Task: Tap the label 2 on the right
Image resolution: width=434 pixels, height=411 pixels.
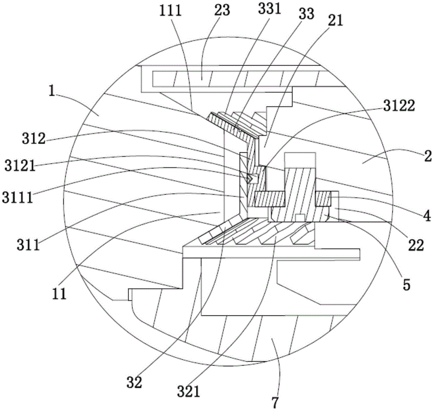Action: pyautogui.click(x=428, y=156)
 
